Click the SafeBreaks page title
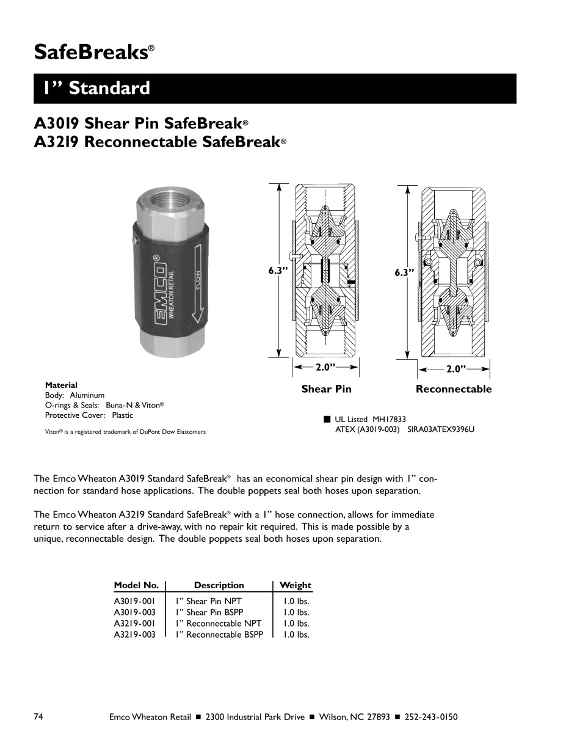coord(90,52)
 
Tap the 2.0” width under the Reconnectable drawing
coord(455,370)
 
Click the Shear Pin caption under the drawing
coord(326,389)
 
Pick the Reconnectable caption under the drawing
coord(453,389)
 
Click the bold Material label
coord(61,385)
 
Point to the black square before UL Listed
coord(327,419)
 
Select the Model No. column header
coord(136,585)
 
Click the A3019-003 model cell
coord(134,612)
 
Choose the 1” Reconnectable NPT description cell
coord(219,624)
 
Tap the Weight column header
coord(295,585)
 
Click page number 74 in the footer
coord(38,717)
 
